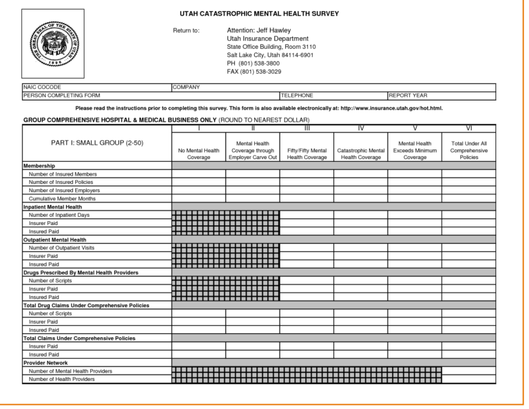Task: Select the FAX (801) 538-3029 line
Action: pos(254,72)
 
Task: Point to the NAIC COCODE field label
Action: pos(42,87)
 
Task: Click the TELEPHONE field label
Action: pos(297,95)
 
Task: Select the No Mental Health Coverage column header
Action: pos(198,154)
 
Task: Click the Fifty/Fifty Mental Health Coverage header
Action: pos(307,154)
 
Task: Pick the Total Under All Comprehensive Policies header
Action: pos(468,150)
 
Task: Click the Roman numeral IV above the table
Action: pos(361,128)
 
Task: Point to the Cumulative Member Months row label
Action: pos(62,198)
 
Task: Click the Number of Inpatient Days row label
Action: pos(59,215)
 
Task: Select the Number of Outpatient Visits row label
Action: pos(62,248)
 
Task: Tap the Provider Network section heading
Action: pos(45,363)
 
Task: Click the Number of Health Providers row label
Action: pos(62,379)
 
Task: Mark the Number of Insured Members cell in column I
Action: pos(198,174)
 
